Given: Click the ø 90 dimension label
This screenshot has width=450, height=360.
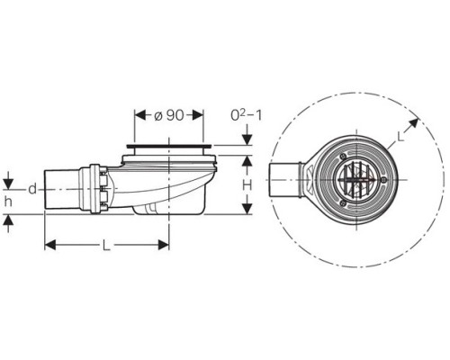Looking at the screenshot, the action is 169,115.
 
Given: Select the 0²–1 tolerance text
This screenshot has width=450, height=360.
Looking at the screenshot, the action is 247,115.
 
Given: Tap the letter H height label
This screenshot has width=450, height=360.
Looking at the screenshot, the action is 247,185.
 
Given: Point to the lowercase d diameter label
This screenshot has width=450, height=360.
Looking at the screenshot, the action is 32,189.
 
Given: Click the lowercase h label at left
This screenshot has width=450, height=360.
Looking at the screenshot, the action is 8,202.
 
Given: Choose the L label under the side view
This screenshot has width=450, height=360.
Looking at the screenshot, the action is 105,246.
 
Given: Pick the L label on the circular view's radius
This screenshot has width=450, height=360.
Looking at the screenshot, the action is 400,137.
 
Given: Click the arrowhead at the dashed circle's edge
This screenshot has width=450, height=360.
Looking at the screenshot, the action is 413,123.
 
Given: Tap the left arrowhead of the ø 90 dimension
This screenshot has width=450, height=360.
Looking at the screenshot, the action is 140,115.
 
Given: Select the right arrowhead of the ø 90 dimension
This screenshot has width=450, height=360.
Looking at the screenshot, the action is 198,115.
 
